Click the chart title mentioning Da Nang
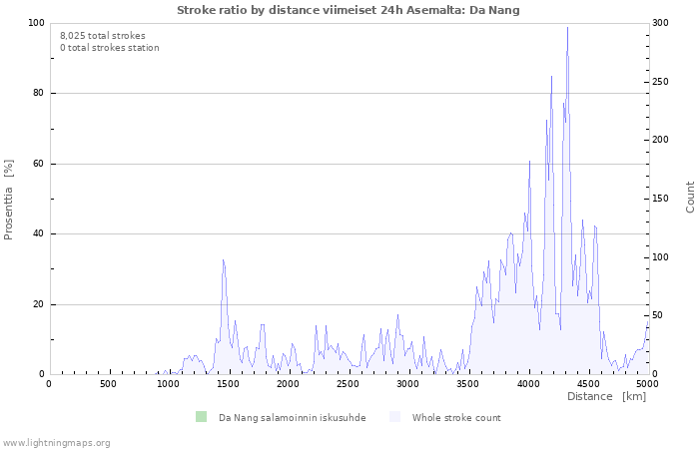[349, 10]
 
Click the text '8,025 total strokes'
[102, 35]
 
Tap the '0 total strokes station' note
[109, 47]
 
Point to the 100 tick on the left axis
[36, 23]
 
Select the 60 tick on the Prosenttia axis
[38, 164]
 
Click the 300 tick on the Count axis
[660, 23]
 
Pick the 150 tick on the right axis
[660, 199]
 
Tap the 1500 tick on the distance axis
[228, 384]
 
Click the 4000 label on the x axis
[527, 384]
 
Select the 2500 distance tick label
[348, 384]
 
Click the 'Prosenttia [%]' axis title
[9, 199]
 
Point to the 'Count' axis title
[690, 197]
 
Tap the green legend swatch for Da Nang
[201, 417]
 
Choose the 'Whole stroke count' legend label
[456, 418]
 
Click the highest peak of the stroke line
[567, 28]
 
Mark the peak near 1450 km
[223, 259]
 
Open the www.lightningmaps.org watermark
[56, 442]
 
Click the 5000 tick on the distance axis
[647, 384]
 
